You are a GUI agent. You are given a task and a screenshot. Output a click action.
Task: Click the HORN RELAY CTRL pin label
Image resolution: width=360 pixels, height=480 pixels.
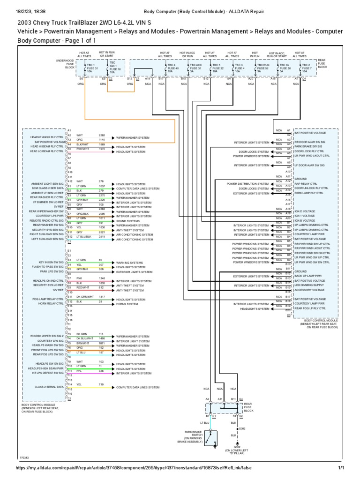point(52,303)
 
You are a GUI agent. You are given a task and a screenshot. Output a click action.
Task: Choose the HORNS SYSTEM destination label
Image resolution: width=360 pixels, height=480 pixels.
point(128,303)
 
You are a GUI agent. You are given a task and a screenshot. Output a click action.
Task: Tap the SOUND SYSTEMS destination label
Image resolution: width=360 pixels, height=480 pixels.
point(128,220)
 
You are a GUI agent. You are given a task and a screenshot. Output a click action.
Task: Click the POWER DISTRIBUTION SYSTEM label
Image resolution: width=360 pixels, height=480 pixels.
point(248,184)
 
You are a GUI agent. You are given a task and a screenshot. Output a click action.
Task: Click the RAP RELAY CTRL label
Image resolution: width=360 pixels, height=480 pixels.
point(306,184)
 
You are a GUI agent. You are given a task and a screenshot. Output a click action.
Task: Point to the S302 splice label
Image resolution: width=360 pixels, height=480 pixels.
point(242,428)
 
